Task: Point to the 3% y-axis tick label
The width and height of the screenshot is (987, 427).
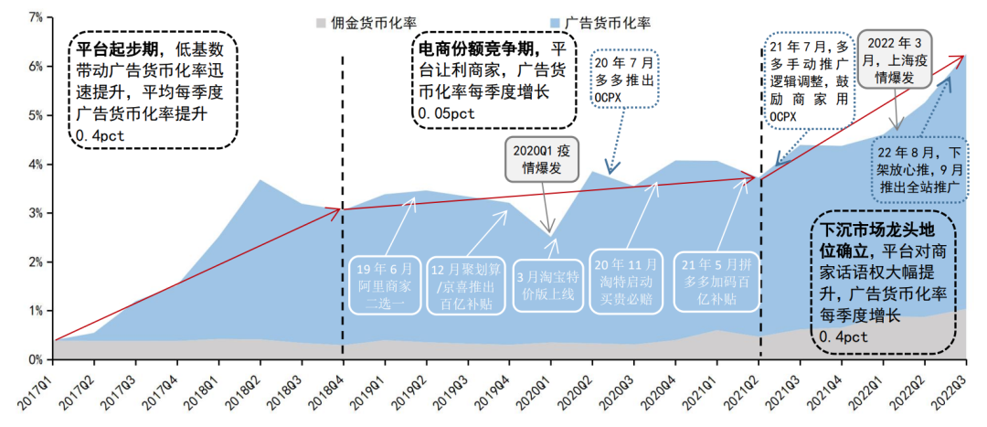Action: [x=37, y=213]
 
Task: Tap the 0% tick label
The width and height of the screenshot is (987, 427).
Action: [x=37, y=359]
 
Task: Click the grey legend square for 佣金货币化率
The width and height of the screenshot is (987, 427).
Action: [x=319, y=21]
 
